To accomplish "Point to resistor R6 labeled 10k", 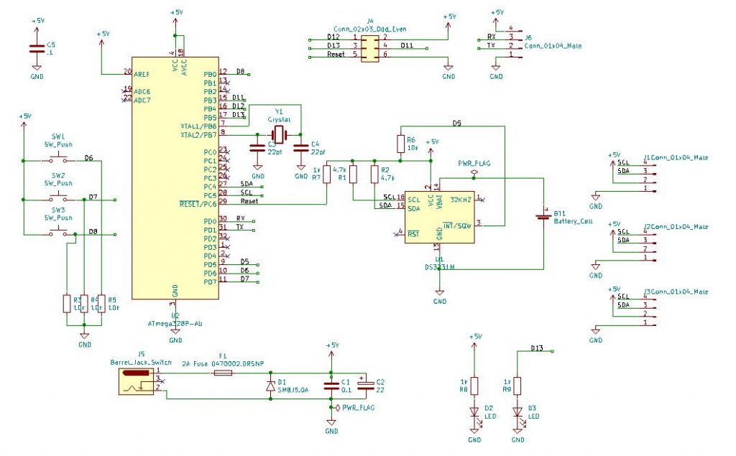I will click(400, 144).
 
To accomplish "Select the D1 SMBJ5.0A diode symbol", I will click(270, 386).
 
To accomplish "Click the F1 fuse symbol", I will click(224, 374).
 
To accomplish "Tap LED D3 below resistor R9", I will click(517, 412).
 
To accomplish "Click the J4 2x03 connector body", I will click(369, 45).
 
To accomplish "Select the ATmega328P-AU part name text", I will click(175, 324).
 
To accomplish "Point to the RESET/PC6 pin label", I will click(198, 203).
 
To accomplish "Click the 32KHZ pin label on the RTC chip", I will click(461, 199).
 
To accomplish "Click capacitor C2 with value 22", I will click(363, 386).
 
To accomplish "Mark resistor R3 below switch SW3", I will click(67, 302).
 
